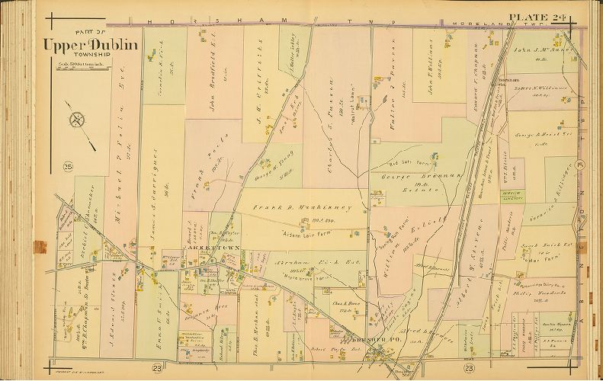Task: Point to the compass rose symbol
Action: click(x=78, y=120)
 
